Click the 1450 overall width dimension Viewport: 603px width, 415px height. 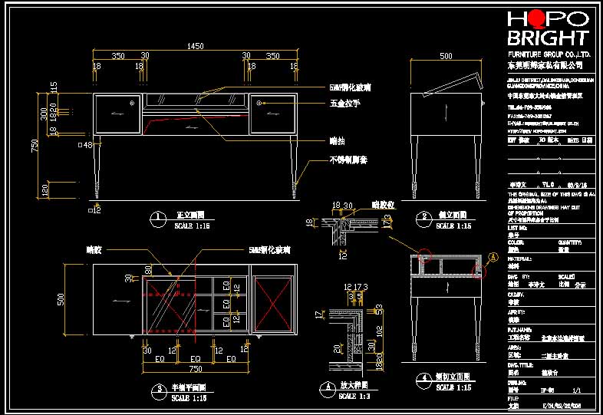click(x=195, y=47)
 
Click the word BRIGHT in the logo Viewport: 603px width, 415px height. click(x=548, y=38)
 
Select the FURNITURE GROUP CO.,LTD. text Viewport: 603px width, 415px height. click(x=549, y=56)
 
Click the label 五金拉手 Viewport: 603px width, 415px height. click(x=345, y=103)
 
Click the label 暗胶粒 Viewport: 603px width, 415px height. click(x=382, y=205)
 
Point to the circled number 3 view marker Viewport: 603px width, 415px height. click(x=157, y=390)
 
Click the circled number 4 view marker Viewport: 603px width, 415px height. click(x=424, y=378)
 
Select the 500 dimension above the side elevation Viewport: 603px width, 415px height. click(x=446, y=57)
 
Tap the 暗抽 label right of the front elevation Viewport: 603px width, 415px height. click(x=337, y=140)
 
